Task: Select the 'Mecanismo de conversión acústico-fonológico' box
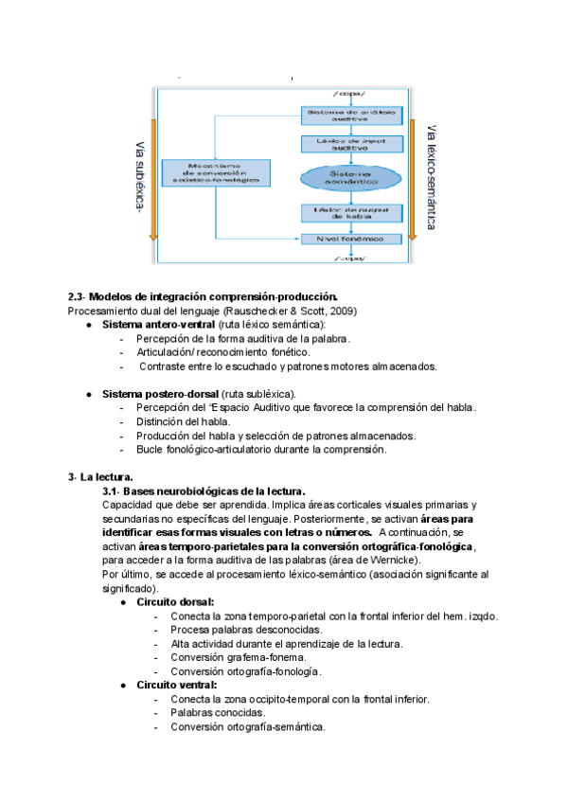tap(217, 172)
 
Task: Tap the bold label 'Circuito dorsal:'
tap(175, 601)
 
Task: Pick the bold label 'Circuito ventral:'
tap(177, 685)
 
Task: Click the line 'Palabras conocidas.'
tap(217, 712)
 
